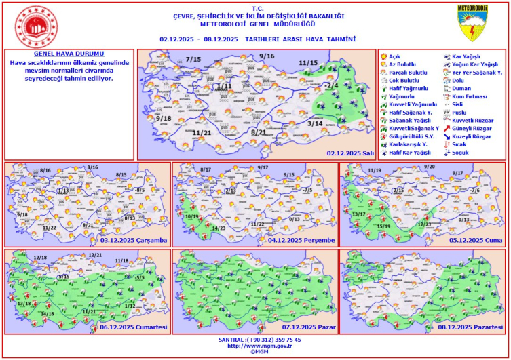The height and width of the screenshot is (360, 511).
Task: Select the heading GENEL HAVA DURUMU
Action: (69, 53)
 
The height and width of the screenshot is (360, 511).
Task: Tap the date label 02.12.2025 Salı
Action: (350, 153)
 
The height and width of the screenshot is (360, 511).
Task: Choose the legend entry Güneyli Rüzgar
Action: (472, 128)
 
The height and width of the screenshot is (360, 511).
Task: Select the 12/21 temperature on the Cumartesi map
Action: (95, 255)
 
